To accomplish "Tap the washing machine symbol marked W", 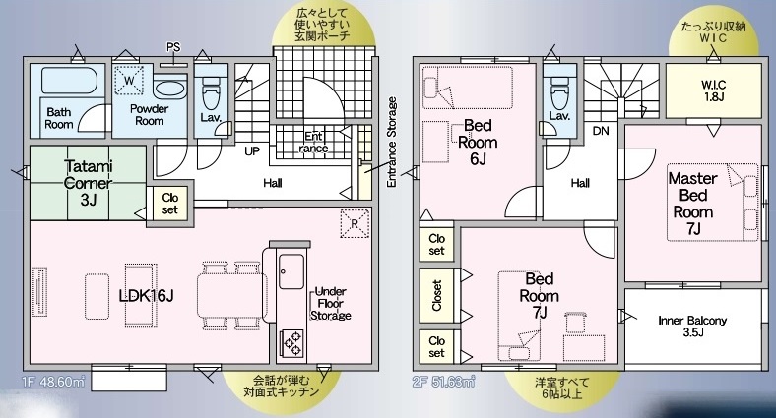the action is point(129,80).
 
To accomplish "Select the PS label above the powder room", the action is point(173,47).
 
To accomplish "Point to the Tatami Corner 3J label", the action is point(88,183).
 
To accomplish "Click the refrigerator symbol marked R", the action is point(355,224).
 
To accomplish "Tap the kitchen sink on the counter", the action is point(291,271).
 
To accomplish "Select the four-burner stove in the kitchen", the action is point(292,343).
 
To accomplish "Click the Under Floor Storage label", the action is point(331,303).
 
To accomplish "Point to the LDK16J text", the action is point(146,295).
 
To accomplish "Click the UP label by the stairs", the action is point(252,151).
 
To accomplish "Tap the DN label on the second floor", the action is point(601,131).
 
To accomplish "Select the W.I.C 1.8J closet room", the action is point(713,90).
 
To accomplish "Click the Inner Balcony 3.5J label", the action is point(693,327).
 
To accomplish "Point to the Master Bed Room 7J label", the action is point(693,203).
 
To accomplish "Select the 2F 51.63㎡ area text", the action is point(444,382).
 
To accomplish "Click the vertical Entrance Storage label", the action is point(392,142).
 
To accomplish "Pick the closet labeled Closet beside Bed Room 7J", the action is point(436,295).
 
